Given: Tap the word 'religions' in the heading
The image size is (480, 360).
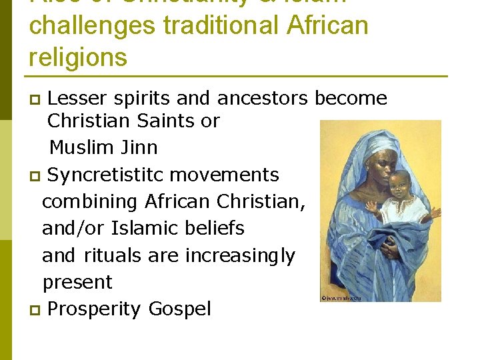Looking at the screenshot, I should [78, 57].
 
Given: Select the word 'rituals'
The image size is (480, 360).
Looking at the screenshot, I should [112, 255].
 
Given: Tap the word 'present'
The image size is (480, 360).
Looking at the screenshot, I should [77, 283].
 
